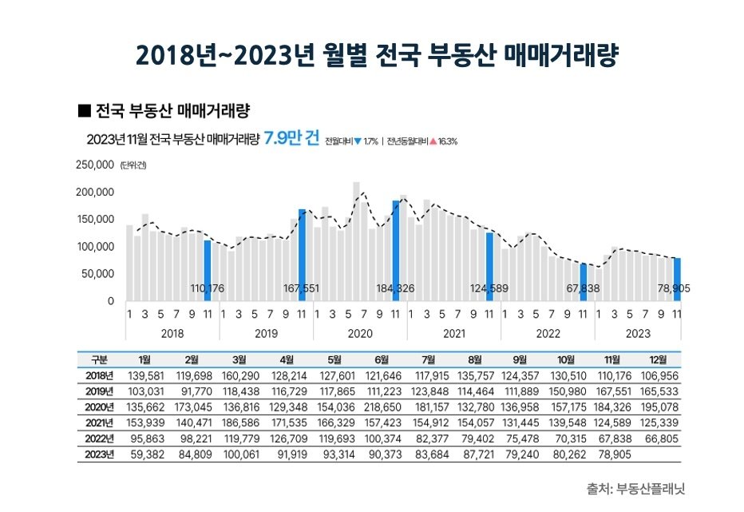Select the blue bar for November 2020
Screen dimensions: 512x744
coord(395,250)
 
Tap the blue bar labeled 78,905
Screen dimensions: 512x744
coord(677,279)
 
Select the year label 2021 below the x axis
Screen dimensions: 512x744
coord(453,334)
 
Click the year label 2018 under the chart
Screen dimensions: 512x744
coord(172,334)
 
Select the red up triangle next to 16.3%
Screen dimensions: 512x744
coord(433,141)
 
